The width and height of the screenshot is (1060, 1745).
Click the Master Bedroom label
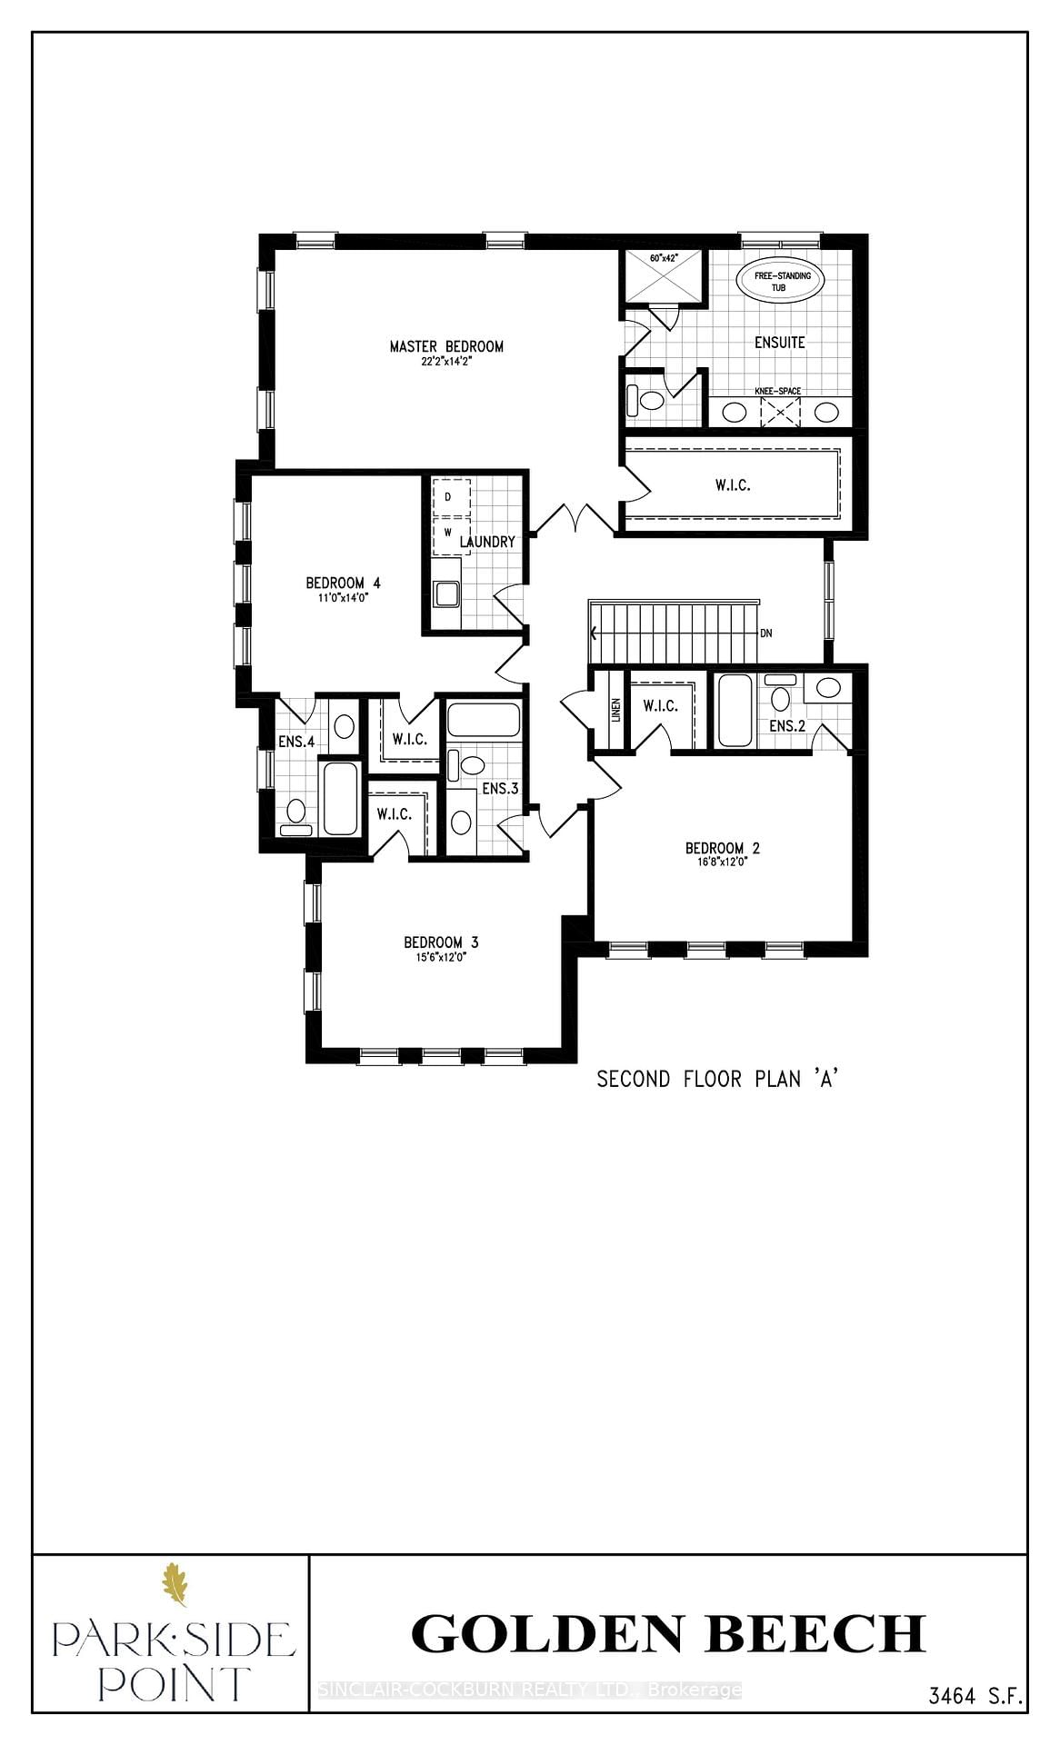click(x=446, y=346)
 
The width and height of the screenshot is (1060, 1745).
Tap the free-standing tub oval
click(x=778, y=280)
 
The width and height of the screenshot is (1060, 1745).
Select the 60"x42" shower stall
click(x=663, y=278)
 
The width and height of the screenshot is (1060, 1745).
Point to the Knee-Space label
click(x=777, y=391)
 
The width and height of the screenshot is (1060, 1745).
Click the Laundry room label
click(x=487, y=542)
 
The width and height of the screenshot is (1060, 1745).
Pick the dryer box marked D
click(x=448, y=497)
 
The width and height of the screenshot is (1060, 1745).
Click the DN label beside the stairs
click(x=766, y=633)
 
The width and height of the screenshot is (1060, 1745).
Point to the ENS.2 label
click(x=787, y=726)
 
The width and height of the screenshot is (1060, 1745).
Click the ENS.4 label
click(x=296, y=742)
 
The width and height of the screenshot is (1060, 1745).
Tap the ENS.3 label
click(x=500, y=789)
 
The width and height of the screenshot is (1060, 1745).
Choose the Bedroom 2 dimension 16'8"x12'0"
click(x=722, y=863)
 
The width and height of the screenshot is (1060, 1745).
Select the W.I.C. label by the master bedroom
click(x=732, y=485)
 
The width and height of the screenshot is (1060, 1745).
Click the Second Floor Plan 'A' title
click(x=716, y=1079)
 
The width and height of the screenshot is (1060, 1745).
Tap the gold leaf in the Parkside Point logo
click(x=174, y=1584)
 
